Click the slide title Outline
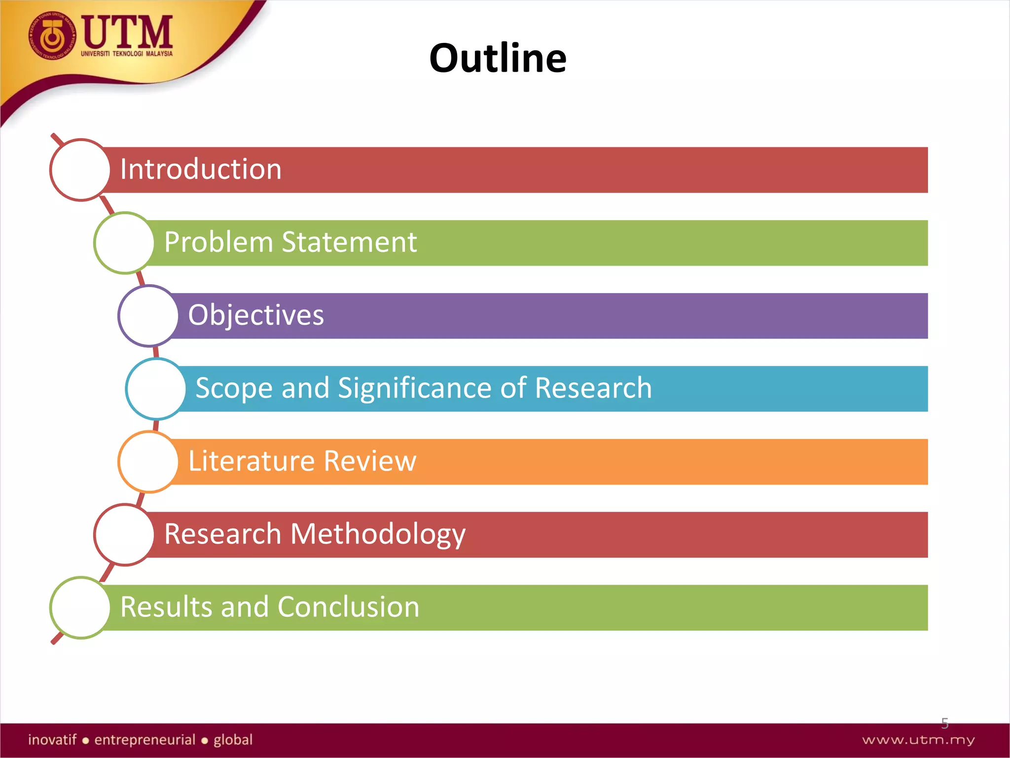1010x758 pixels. pos(498,58)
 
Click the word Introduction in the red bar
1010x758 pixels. pos(201,169)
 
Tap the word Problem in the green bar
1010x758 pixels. pos(218,242)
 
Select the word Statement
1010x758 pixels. pos(349,242)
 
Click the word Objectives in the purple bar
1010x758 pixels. pos(256,315)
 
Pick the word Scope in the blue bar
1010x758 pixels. pos(234,388)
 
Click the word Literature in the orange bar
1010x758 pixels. pos(251,461)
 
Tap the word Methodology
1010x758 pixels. pos(378,534)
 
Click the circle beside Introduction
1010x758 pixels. pos(80,170)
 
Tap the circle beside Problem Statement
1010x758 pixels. pos(124,243)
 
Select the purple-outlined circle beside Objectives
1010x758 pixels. pos(148,316)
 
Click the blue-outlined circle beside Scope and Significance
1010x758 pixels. pos(156,389)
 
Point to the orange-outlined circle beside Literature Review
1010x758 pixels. pos(148,462)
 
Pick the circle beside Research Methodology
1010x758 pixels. pos(124,534)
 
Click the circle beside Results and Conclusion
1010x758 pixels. pos(80,607)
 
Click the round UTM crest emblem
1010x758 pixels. pos(52,36)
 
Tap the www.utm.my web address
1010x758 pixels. pos(918,740)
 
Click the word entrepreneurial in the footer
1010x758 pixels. pos(145,740)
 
